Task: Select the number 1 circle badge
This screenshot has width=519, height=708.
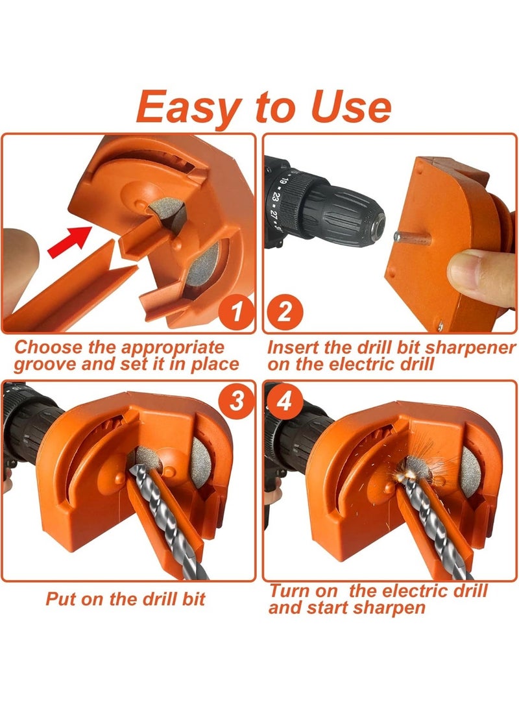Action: tap(237, 313)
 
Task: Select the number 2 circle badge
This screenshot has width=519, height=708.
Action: tap(283, 313)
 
